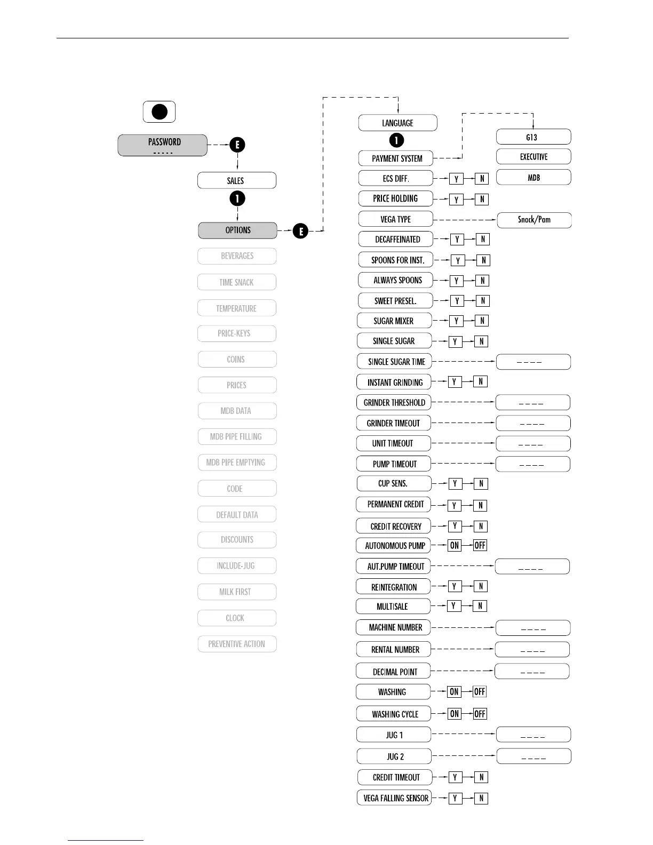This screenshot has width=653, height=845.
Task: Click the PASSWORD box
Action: click(x=162, y=145)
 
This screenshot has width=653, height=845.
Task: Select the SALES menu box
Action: click(x=237, y=180)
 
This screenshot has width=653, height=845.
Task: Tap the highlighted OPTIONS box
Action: click(x=237, y=230)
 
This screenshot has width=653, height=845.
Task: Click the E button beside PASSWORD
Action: click(x=237, y=145)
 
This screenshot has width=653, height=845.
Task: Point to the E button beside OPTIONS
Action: click(x=301, y=231)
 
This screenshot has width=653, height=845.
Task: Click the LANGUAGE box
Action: click(x=397, y=123)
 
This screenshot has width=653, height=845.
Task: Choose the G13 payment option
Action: click(x=533, y=137)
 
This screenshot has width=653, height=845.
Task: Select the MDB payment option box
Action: click(x=533, y=178)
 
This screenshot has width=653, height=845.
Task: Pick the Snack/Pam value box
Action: click(x=534, y=220)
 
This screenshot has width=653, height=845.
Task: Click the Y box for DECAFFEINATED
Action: click(x=457, y=240)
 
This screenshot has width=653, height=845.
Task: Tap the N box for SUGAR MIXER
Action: click(x=482, y=321)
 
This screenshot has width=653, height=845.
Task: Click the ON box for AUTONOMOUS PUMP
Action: click(x=455, y=545)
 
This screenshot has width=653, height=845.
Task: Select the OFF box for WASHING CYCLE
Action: click(x=480, y=714)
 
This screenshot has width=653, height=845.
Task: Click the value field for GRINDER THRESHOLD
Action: click(x=532, y=403)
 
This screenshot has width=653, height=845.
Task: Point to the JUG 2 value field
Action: click(x=533, y=756)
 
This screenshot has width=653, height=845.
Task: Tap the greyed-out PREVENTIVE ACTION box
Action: click(x=237, y=644)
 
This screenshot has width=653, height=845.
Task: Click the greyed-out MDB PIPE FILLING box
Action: click(x=237, y=436)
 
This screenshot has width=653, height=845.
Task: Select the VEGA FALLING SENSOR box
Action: click(x=394, y=798)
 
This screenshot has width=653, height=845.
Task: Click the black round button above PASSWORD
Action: click(x=160, y=112)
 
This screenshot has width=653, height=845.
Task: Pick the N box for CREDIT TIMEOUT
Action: click(x=481, y=777)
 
